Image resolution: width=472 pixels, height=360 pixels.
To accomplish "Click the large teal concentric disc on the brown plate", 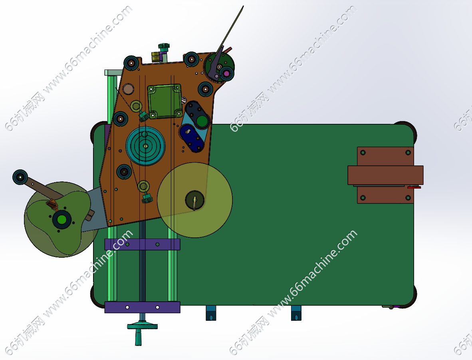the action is (145, 146).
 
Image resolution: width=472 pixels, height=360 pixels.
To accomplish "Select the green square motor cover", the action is (165, 101).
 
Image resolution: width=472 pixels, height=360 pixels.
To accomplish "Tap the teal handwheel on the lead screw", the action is (142, 326).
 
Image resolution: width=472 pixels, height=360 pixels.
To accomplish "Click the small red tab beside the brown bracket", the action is (414, 187).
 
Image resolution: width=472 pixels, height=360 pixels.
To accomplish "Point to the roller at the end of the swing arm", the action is (20, 177).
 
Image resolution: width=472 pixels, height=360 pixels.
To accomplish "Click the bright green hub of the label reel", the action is (62, 219).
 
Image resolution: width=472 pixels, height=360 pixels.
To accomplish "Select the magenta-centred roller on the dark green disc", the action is (226, 73).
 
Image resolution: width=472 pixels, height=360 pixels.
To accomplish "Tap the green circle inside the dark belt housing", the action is (202, 121).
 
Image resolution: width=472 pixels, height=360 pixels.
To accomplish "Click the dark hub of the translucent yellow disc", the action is (195, 200).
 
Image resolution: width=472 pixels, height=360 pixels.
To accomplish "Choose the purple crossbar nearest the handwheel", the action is (142, 307).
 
